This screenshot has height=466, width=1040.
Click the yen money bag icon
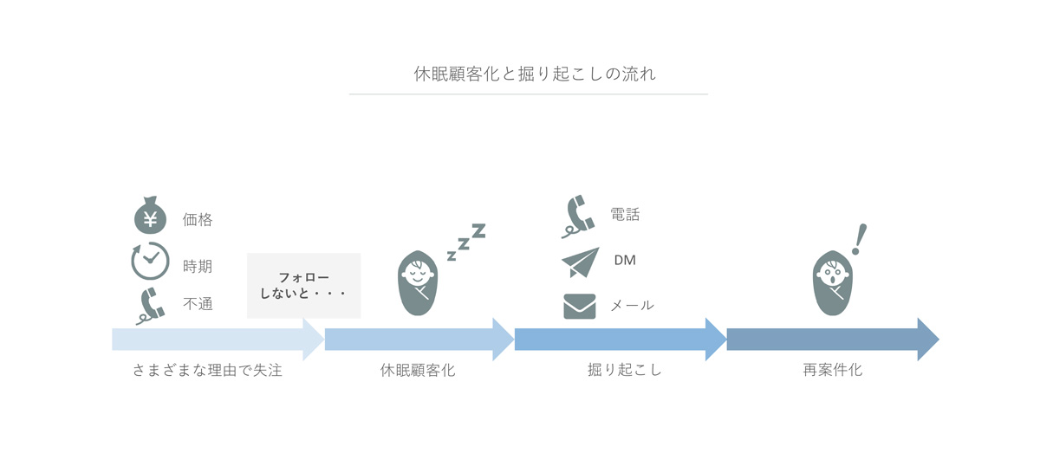click(150, 216)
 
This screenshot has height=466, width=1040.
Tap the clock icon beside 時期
click(150, 261)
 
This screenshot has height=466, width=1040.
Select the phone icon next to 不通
click(151, 306)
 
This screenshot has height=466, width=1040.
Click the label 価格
click(198, 219)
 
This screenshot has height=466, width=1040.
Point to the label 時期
click(198, 267)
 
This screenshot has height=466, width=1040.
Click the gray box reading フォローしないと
click(303, 286)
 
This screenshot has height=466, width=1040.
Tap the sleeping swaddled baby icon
click(418, 283)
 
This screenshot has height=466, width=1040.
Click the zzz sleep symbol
click(466, 242)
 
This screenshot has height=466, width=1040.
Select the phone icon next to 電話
click(578, 217)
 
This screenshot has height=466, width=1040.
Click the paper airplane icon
click(581, 262)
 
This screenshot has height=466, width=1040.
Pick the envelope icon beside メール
click(580, 307)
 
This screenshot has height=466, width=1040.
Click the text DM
click(625, 260)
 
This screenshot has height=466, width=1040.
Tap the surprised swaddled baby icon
click(833, 283)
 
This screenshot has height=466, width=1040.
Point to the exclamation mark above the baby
click(860, 240)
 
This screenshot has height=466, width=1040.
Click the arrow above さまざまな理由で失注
click(218, 340)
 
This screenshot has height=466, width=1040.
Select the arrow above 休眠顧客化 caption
click(419, 340)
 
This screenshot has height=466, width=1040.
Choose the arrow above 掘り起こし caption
click(621, 340)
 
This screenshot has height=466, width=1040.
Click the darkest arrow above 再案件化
click(833, 340)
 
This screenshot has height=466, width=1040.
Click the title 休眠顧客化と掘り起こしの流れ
click(535, 74)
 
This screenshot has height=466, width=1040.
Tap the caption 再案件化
click(833, 370)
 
